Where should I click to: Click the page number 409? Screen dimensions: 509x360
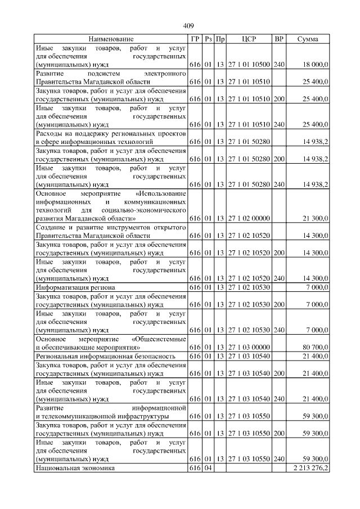click(x=188, y=26)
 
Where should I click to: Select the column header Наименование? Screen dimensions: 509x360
click(x=111, y=39)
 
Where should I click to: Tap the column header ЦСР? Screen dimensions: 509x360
click(x=249, y=39)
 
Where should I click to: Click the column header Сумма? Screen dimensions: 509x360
click(x=307, y=39)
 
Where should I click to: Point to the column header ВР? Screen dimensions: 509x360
click(x=278, y=39)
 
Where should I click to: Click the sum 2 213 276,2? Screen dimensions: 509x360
click(x=308, y=467)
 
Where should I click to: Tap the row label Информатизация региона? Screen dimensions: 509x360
click(x=75, y=287)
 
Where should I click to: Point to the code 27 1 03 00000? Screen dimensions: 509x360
click(x=249, y=347)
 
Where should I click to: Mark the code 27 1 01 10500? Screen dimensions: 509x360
click(x=249, y=65)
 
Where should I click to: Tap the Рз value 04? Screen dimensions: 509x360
click(x=208, y=467)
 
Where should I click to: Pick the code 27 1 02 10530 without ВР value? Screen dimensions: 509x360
click(x=249, y=287)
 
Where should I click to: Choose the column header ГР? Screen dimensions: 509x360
click(x=195, y=39)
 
